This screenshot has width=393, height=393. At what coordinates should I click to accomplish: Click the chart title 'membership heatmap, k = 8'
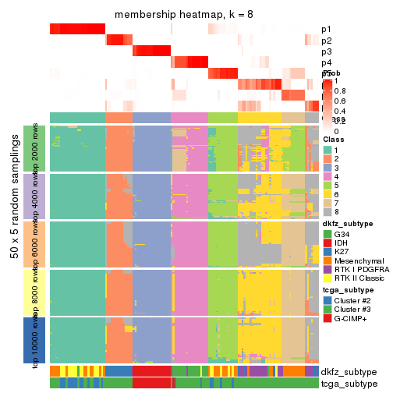click(x=185, y=15)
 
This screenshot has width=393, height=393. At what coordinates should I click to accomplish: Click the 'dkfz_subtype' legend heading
click(x=348, y=225)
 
